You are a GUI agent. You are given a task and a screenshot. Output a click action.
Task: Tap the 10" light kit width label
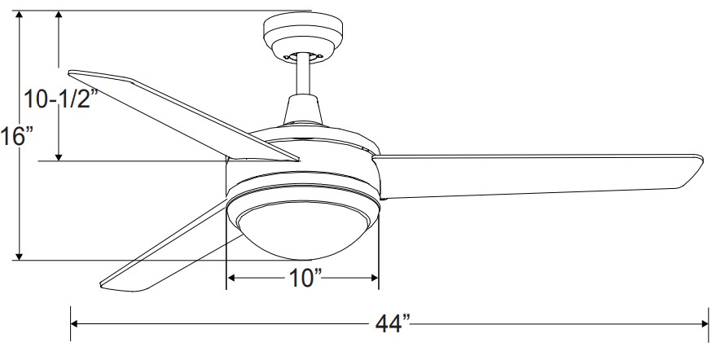click(x=305, y=278)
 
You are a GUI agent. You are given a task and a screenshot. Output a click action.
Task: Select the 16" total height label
click(x=17, y=136)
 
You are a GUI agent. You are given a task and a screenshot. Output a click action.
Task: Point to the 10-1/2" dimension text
click(x=61, y=99)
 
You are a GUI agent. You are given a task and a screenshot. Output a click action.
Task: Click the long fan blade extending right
click(x=538, y=176)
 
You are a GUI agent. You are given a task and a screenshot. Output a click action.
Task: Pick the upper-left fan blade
click(x=182, y=115)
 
